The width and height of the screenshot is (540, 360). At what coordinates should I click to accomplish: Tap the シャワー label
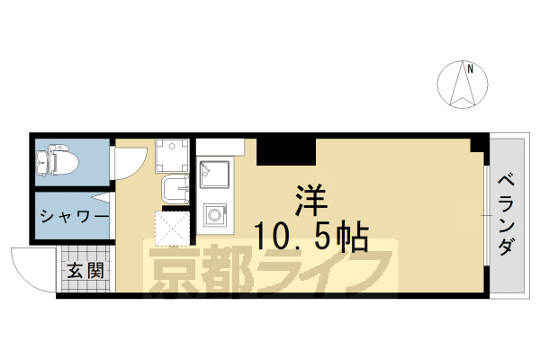click(x=74, y=217)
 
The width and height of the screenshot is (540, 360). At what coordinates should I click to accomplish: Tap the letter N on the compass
click(x=468, y=66)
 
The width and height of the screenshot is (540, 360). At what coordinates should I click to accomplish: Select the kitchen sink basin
click(x=214, y=172)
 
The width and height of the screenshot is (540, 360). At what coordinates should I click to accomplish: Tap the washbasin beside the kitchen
click(x=175, y=189)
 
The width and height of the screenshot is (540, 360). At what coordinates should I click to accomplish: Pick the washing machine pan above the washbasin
click(x=171, y=156)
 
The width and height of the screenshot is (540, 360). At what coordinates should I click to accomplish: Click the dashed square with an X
click(x=172, y=229)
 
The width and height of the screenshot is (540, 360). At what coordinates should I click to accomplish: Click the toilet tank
click(x=42, y=163)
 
